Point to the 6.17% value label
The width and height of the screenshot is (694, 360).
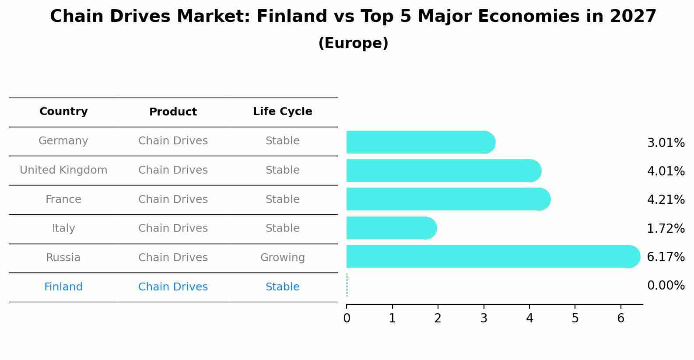pyautogui.click(x=666, y=257)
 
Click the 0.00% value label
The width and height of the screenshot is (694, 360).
pyautogui.click(x=666, y=286)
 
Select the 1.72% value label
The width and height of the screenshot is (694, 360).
pyautogui.click(x=666, y=228)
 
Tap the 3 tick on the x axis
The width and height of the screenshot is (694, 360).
pyautogui.click(x=484, y=318)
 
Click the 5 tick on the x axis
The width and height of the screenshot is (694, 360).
pyautogui.click(x=575, y=318)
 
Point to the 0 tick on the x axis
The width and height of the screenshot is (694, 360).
pyautogui.click(x=347, y=318)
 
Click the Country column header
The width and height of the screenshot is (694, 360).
pyautogui.click(x=63, y=112)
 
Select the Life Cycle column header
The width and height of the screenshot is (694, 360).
pyautogui.click(x=282, y=112)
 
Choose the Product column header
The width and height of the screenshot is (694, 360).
pyautogui.click(x=173, y=112)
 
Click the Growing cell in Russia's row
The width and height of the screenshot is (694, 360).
pyautogui.click(x=282, y=258)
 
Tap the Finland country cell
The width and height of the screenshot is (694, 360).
pyautogui.click(x=63, y=287)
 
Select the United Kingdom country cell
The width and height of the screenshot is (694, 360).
pyautogui.click(x=63, y=170)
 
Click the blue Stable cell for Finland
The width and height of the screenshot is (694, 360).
pyautogui.click(x=282, y=287)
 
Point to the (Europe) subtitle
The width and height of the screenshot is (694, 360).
pyautogui.click(x=353, y=43)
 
